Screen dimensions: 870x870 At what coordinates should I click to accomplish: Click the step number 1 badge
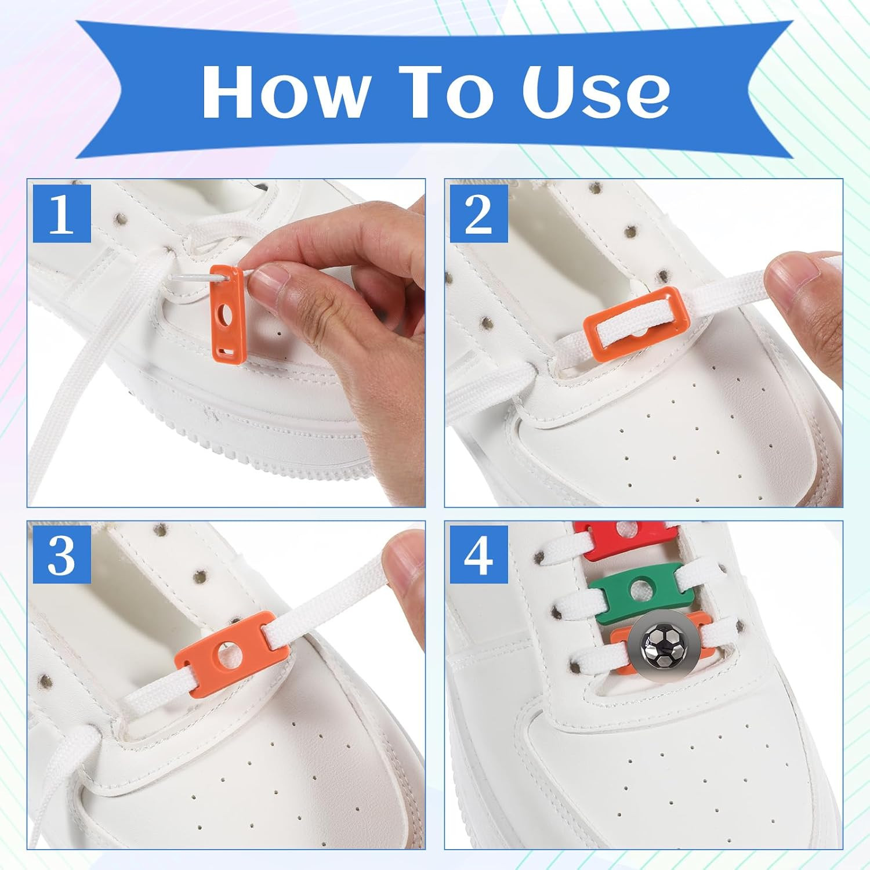tap(62, 213)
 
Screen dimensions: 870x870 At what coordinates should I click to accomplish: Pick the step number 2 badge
tap(479, 213)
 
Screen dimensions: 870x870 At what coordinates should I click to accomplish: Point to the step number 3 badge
tap(62, 555)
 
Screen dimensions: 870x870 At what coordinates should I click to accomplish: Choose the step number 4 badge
tap(479, 555)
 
